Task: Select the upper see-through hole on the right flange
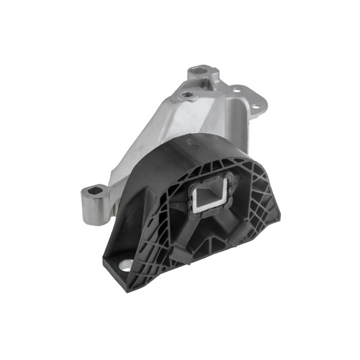tap(237, 91)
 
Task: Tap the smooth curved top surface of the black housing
tap(165, 165)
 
